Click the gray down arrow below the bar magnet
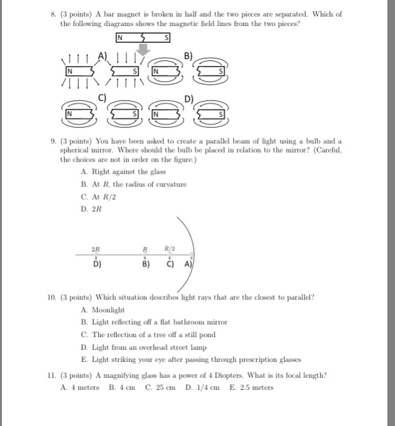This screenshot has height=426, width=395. click(x=145, y=49)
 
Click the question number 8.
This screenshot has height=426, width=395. click(x=54, y=14)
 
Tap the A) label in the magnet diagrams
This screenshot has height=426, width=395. click(x=102, y=56)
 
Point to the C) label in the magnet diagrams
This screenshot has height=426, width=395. click(x=102, y=98)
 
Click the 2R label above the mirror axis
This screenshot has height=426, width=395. click(x=95, y=249)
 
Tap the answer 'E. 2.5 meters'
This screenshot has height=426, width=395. click(x=251, y=387)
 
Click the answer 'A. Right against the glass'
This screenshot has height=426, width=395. click(x=123, y=172)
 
